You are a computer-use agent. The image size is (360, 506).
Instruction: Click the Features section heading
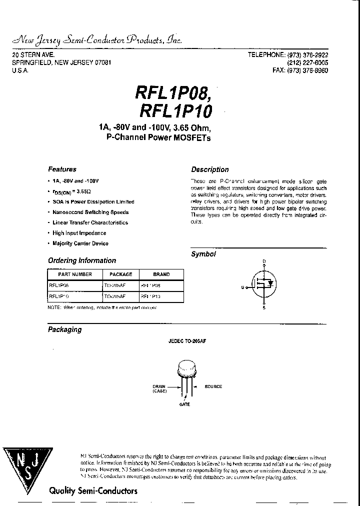[62, 169]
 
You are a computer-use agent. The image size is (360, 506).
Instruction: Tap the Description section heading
[209, 169]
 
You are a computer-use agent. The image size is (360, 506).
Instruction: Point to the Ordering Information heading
[81, 260]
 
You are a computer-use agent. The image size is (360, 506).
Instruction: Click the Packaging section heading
[64, 329]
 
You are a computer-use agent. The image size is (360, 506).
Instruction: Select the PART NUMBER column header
[75, 274]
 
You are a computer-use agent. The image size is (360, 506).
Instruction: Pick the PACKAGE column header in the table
[120, 274]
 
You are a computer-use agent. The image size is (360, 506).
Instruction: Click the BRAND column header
[161, 274]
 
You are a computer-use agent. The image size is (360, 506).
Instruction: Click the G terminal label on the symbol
[242, 287]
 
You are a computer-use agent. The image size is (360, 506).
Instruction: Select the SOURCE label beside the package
[213, 386]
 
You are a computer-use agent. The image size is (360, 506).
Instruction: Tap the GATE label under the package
[184, 404]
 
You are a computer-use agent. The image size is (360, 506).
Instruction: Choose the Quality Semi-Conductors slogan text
[93, 491]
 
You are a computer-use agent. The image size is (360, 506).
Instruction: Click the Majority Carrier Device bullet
[80, 243]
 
